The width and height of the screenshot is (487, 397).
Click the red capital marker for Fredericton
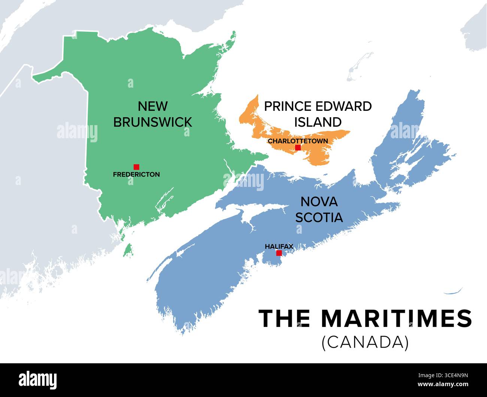coord(136,167)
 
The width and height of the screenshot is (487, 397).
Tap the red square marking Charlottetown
coord(298,148)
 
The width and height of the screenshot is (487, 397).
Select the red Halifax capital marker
coord(279,253)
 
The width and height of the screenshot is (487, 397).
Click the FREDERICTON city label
coord(136,174)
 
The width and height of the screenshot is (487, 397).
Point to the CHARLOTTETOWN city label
coord(298,141)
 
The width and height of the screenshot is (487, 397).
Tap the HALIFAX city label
coord(279,246)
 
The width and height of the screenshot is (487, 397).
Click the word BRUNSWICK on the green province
coord(152,122)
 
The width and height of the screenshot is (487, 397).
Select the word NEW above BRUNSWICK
coord(152,106)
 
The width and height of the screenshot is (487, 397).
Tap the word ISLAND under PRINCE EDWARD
coord(318,122)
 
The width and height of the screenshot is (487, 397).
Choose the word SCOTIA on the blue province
coord(319,217)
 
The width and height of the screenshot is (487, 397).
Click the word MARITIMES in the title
coord(396,319)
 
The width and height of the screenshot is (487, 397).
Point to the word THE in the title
coord(284,319)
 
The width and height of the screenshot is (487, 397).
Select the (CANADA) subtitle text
coord(365,342)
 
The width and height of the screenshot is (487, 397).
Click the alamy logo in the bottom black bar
coord(38,380)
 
